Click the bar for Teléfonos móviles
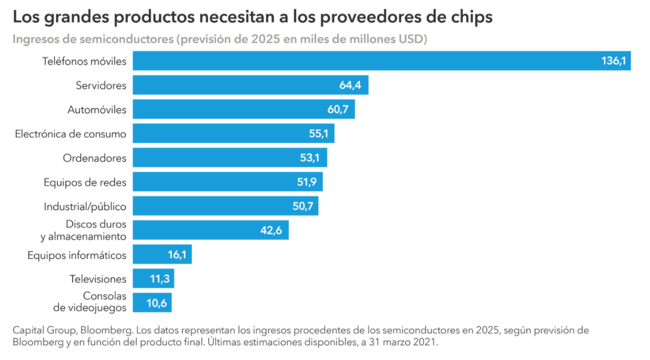pyautogui.click(x=381, y=61)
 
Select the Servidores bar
pyautogui.click(x=250, y=85)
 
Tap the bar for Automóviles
pyautogui.click(x=243, y=109)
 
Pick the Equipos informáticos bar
pyautogui.click(x=162, y=254)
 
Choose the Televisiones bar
pyautogui.click(x=153, y=278)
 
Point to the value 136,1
pyautogui.click(x=613, y=61)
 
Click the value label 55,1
pyautogui.click(x=319, y=133)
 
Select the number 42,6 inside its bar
pyautogui.click(x=271, y=230)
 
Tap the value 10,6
pyautogui.click(x=156, y=303)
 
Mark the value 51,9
pyautogui.click(x=306, y=182)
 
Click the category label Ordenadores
pyautogui.click(x=95, y=158)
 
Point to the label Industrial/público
pyautogui.click(x=85, y=206)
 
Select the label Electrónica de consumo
pyautogui.click(x=71, y=133)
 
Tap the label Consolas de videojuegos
pyautogui.click(x=90, y=302)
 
